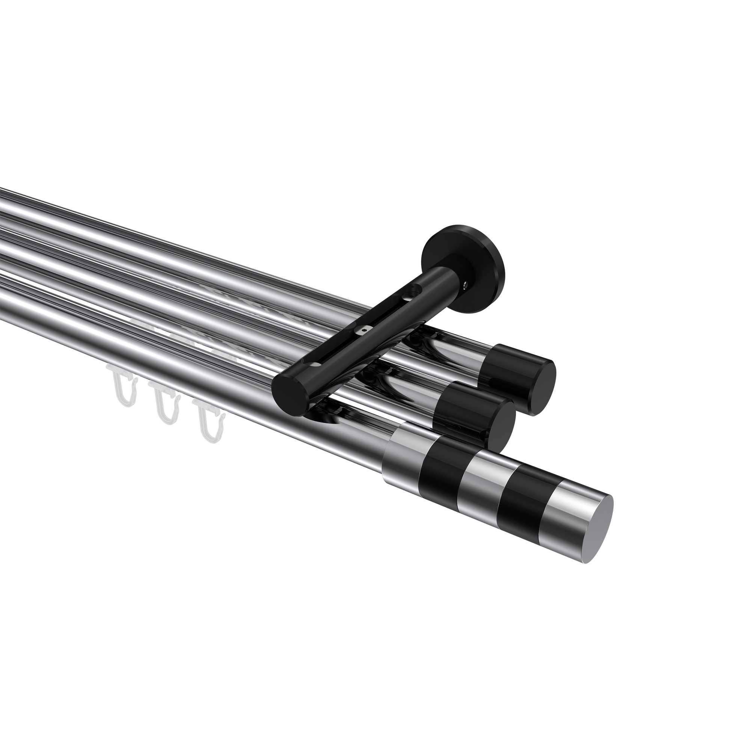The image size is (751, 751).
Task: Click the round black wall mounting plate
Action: [463, 253]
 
